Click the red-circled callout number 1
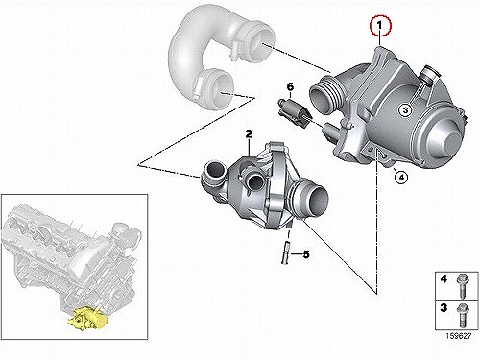[x=380, y=25]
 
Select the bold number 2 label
[x=249, y=133]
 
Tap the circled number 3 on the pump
[x=405, y=110]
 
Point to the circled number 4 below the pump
[x=401, y=177]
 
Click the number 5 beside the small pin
[x=306, y=254]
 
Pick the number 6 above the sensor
[x=290, y=87]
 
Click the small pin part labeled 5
[x=285, y=252]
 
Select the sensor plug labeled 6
[x=292, y=111]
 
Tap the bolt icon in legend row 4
[x=462, y=285]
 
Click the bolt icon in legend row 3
[x=462, y=315]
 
